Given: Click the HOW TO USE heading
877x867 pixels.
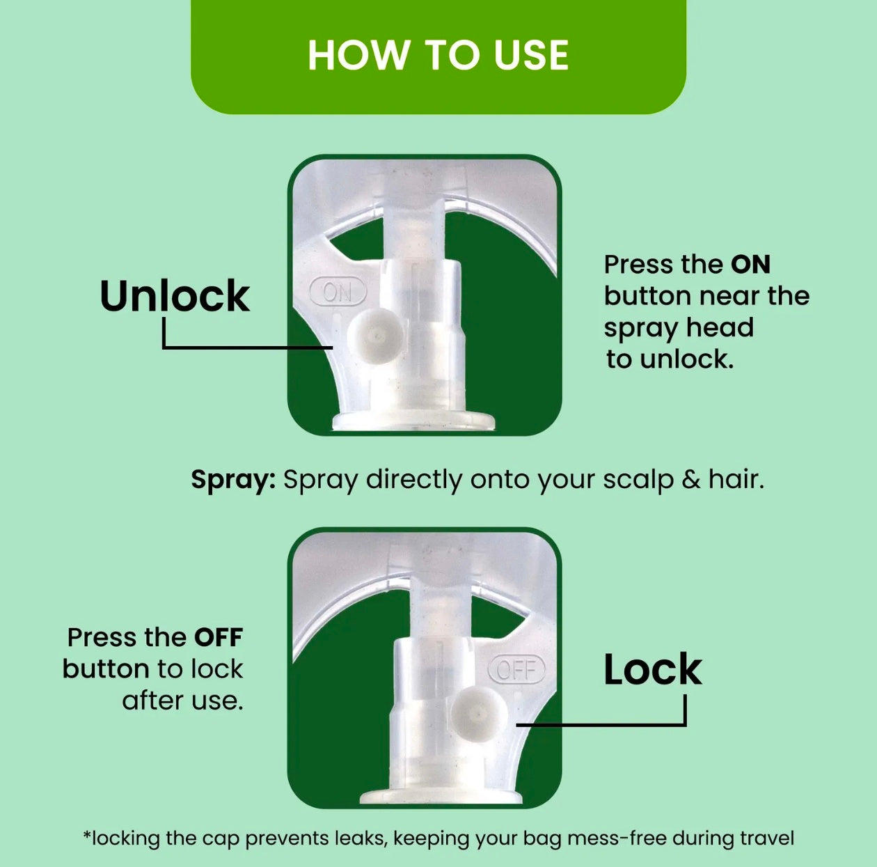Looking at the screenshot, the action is coord(438,56).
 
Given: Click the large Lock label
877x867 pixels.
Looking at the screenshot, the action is coord(653,669).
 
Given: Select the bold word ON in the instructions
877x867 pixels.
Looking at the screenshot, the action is coord(750,265).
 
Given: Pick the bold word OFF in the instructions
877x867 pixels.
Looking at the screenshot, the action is coord(219,637).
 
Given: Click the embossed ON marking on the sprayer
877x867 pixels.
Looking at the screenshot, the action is coord(338,292).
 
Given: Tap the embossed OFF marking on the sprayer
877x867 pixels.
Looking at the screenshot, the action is coord(516,669).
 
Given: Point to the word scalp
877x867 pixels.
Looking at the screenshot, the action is coord(638,481).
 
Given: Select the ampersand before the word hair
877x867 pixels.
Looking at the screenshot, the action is coord(691,481).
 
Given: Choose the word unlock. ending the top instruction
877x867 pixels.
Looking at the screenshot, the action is coord(687,360).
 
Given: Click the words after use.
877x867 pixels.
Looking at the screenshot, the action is coord(182,701).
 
